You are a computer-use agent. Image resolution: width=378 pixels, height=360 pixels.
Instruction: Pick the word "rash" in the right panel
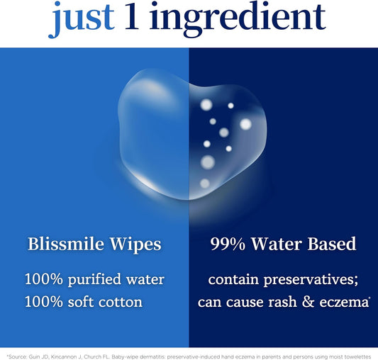click(x=276, y=302)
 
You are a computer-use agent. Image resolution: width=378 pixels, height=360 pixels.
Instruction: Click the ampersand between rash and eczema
click(x=304, y=302)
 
